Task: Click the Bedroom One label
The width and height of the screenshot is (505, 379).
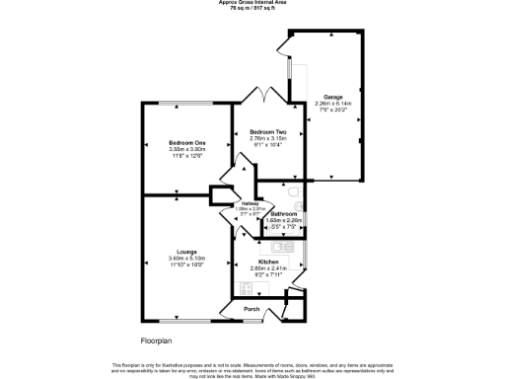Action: [177, 143]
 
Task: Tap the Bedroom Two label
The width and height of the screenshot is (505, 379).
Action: [267, 131]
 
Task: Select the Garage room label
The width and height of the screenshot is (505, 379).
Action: [332, 97]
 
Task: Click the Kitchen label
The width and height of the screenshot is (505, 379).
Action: [268, 262]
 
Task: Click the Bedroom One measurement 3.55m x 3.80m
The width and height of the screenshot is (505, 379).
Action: [177, 150]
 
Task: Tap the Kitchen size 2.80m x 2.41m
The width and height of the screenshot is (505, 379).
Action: [268, 268]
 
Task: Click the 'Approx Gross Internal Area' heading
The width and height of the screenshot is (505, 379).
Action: [252, 3]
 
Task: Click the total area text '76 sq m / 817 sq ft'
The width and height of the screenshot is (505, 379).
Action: [252, 9]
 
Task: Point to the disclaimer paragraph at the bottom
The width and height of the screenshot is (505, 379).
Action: [252, 367]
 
